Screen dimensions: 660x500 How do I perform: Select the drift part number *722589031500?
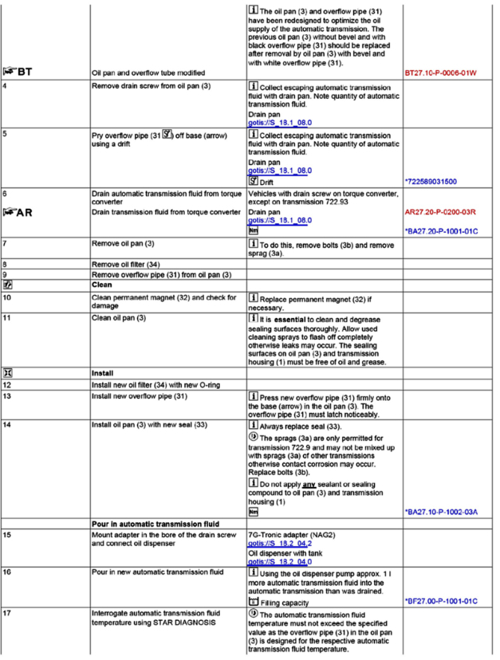pyautogui.click(x=431, y=182)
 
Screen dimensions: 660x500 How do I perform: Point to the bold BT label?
pyautogui.click(x=22, y=71)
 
